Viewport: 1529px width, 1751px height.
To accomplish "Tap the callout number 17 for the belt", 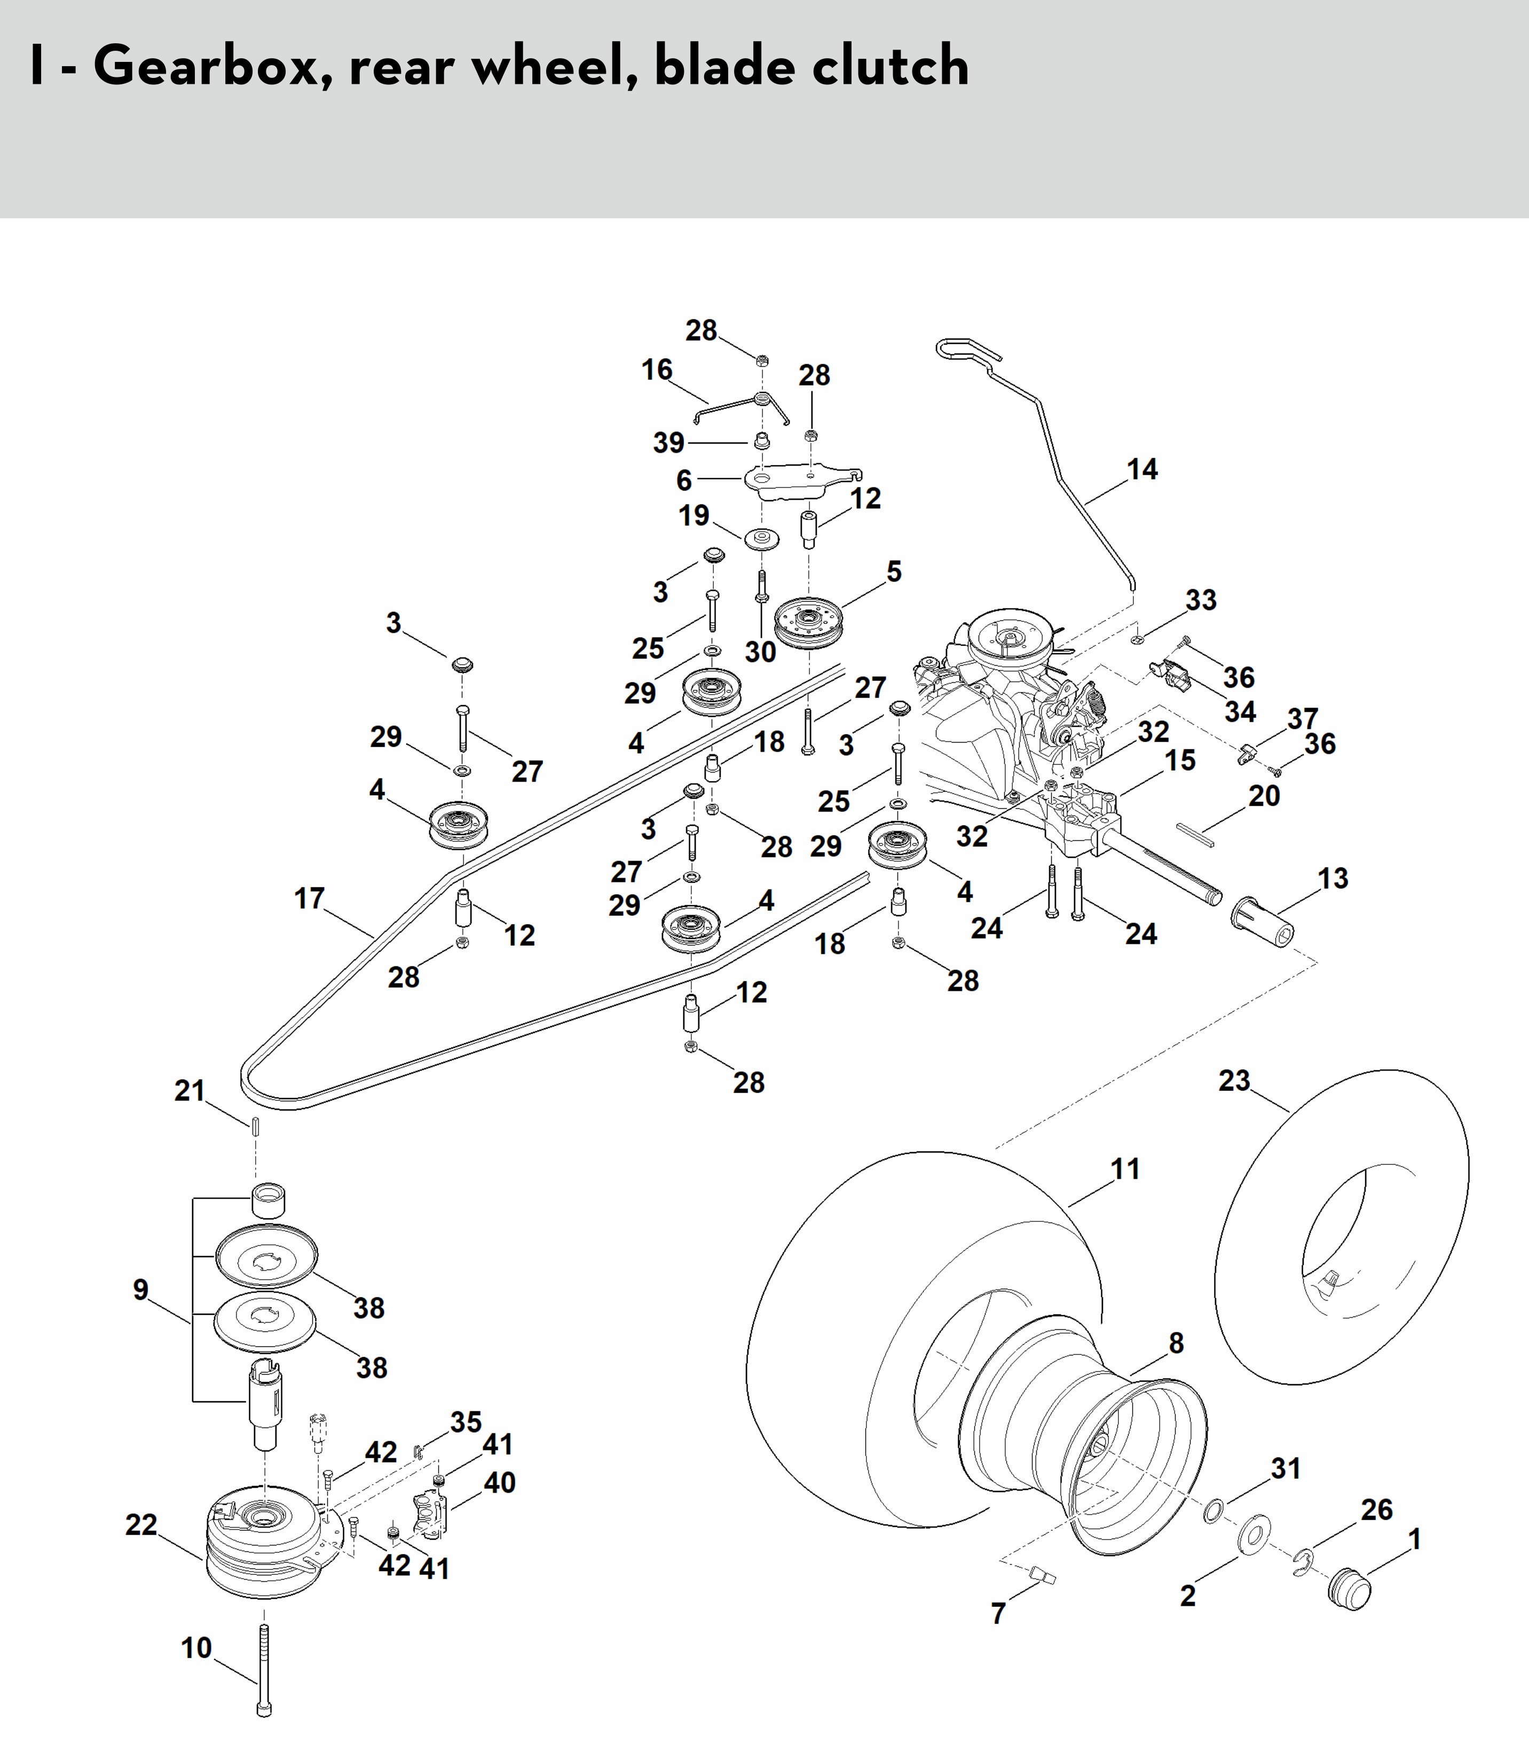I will click(309, 898).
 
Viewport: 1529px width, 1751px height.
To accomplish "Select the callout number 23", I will click(1234, 1081).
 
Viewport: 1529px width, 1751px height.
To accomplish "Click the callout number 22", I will click(141, 1525).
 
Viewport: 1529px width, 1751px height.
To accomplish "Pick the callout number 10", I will click(196, 1648).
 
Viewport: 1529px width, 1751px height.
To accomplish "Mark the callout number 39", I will click(669, 443).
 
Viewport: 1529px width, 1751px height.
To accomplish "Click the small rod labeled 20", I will click(1195, 834).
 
